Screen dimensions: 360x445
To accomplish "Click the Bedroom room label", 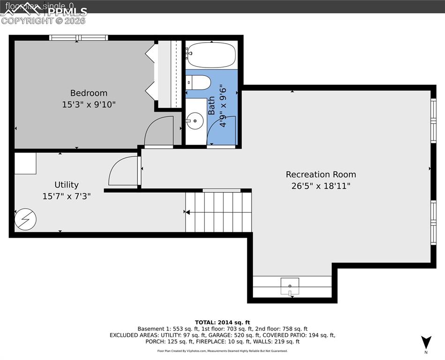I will pyautogui.click(x=89, y=93).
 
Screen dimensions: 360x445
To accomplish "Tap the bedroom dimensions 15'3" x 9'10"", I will pyautogui.click(x=89, y=105).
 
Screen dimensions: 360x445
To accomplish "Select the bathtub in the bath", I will pyautogui.click(x=211, y=55).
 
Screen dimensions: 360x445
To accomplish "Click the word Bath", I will pyautogui.click(x=211, y=105).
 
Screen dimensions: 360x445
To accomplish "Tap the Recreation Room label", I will pyautogui.click(x=321, y=174).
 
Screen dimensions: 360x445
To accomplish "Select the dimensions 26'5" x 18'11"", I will pyautogui.click(x=321, y=186).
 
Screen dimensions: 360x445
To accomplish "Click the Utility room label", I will pyautogui.click(x=67, y=185).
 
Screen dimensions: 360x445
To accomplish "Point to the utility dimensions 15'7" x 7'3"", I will pyautogui.click(x=67, y=196).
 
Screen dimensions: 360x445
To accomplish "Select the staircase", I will pyautogui.click(x=218, y=212).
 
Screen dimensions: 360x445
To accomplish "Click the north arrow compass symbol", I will pyautogui.click(x=425, y=343).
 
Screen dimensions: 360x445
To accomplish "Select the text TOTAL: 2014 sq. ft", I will pyautogui.click(x=222, y=322).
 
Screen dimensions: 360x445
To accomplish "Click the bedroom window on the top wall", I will pyautogui.click(x=79, y=37).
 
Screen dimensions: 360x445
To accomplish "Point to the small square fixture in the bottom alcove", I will pyautogui.click(x=290, y=285).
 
